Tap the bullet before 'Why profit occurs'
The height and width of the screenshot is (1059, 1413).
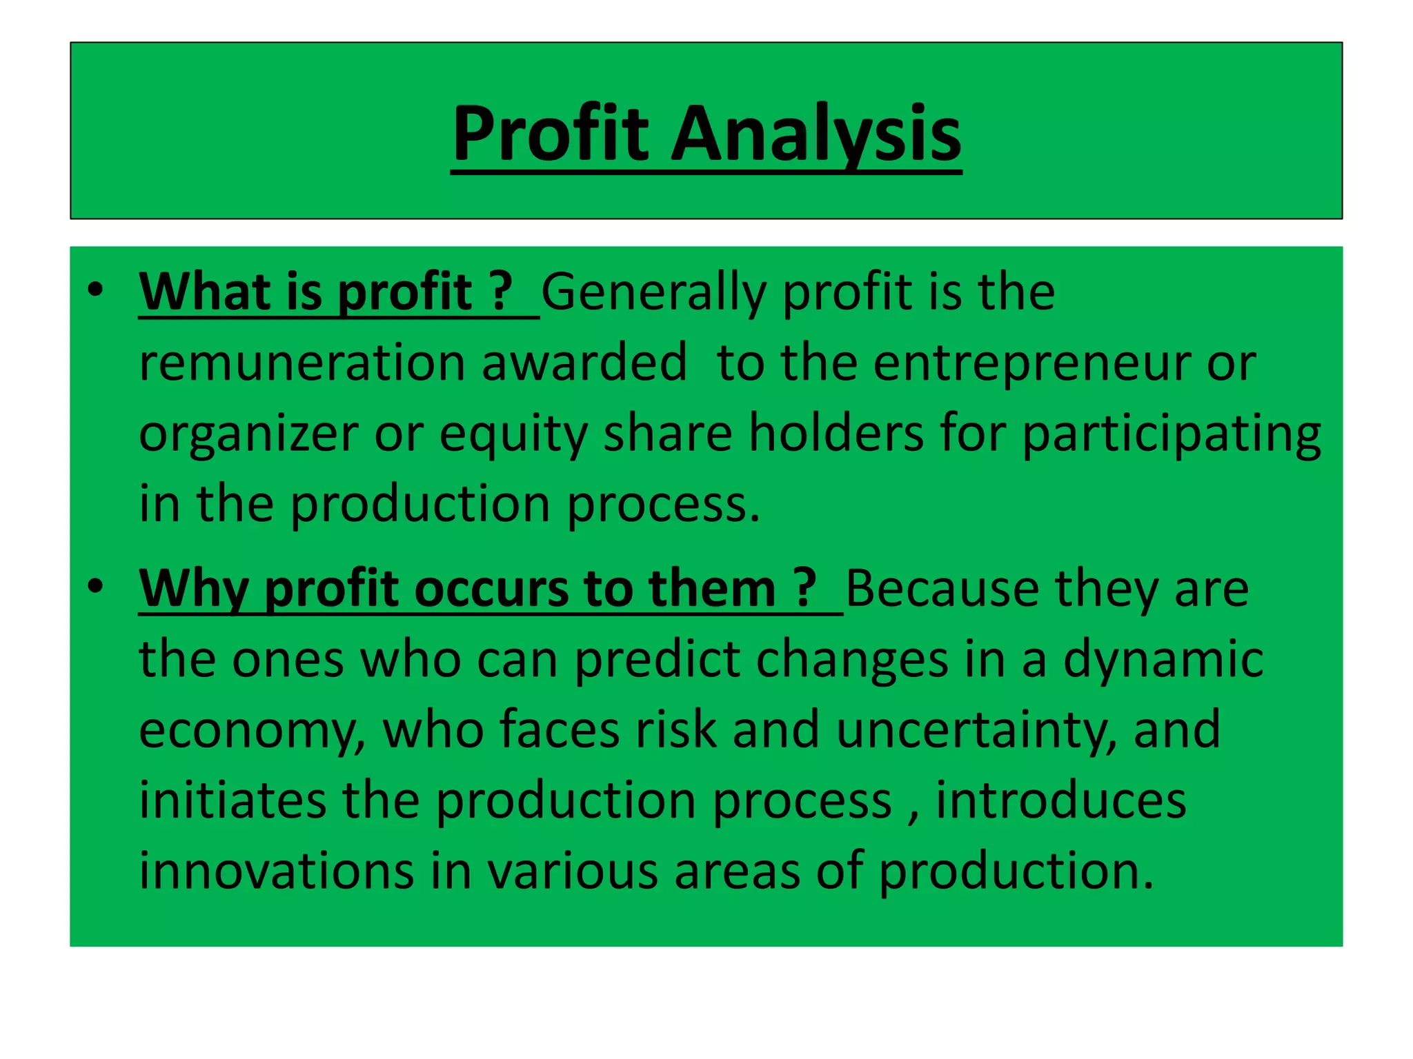coord(95,586)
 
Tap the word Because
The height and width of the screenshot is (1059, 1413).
coord(942,589)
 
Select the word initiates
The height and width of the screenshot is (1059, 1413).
coord(233,800)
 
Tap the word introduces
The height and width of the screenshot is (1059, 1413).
coord(1060,800)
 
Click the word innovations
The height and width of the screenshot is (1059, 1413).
coord(277,871)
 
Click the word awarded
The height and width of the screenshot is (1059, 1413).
coord(584,363)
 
